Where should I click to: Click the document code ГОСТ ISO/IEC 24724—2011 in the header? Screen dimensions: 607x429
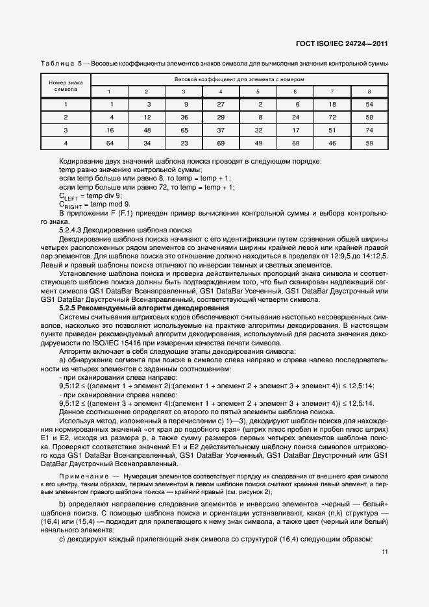pos(343,43)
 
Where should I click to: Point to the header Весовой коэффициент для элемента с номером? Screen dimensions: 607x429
pos(239,79)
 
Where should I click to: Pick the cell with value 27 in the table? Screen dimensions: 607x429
pos(221,104)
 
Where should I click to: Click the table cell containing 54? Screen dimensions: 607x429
pos(369,104)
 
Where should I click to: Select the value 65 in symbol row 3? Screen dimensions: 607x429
pos(184,130)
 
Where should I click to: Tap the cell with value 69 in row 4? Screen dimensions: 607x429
pos(221,143)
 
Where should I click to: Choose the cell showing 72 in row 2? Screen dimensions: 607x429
pos(332,117)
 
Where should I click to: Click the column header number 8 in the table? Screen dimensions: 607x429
pos(369,91)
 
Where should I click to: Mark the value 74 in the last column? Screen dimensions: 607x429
pos(369,130)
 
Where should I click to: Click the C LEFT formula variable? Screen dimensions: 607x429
pos(69,195)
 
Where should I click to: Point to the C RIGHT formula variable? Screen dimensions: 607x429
pos(70,204)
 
